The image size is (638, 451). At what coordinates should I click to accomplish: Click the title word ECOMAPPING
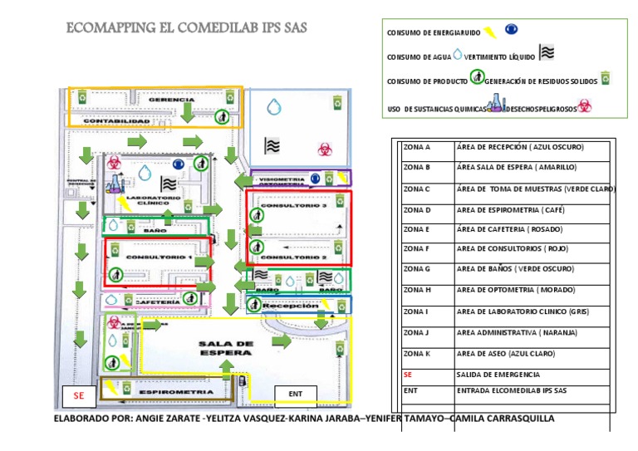[x=111, y=28]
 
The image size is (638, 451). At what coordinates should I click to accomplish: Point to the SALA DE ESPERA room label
[x=225, y=348]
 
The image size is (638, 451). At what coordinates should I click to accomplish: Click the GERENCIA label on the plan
[x=171, y=100]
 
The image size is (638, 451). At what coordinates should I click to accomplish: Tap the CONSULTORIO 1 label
[x=158, y=257]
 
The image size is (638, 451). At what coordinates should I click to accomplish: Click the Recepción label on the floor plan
[x=291, y=306]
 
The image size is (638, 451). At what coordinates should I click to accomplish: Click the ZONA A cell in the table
[x=417, y=147]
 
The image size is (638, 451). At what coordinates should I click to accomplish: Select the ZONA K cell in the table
[x=417, y=354]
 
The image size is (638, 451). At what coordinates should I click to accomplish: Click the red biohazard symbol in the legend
[x=585, y=106]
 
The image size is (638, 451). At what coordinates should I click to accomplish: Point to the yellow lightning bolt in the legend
[x=490, y=32]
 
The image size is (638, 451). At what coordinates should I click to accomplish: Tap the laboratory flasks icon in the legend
[x=496, y=104]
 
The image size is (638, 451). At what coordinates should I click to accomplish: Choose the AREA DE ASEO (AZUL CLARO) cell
[x=509, y=354]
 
